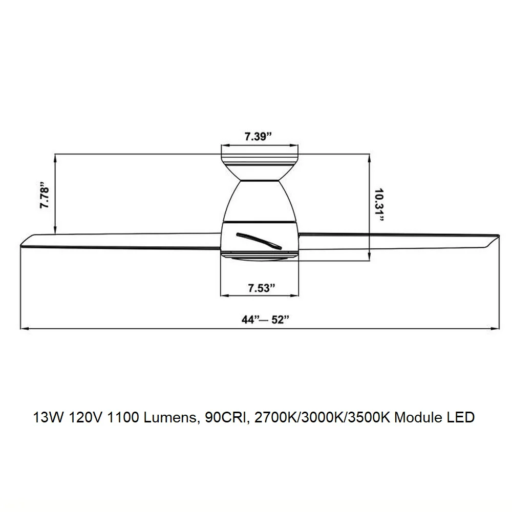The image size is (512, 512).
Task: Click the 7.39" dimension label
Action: pos(258,136)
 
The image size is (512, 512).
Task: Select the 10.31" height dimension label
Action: pos(379,204)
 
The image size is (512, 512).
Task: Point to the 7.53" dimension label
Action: pos(262,288)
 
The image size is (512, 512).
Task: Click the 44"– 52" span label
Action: pos(265,319)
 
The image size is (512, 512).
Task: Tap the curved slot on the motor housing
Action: pos(259,241)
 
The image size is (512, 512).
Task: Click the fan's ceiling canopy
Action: pos(260,167)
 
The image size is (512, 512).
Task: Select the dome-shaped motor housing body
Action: pos(260,201)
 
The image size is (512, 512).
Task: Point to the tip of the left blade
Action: pos(21,245)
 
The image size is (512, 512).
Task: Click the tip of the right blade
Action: pos(499,236)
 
